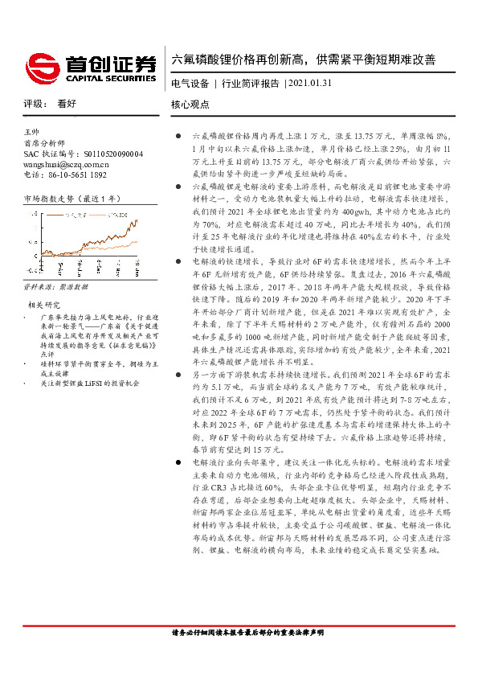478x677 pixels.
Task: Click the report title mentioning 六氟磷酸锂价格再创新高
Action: tap(304, 59)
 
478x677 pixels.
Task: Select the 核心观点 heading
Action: tap(190, 105)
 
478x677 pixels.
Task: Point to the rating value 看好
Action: tap(67, 105)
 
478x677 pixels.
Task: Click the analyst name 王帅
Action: tap(32, 131)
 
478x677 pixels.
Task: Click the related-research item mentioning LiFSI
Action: tap(92, 361)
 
